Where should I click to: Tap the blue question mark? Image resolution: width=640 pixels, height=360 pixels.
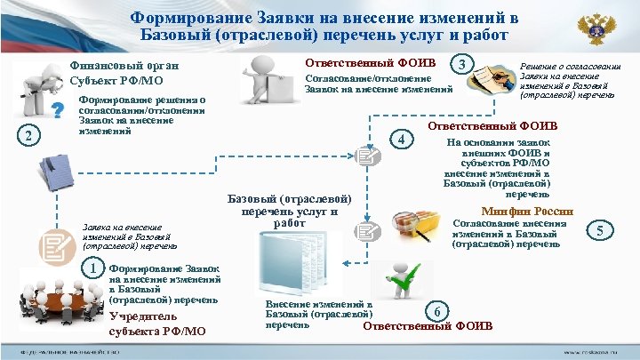[x=58, y=109]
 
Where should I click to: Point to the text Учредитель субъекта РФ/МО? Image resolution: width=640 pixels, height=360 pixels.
[x=156, y=324]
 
